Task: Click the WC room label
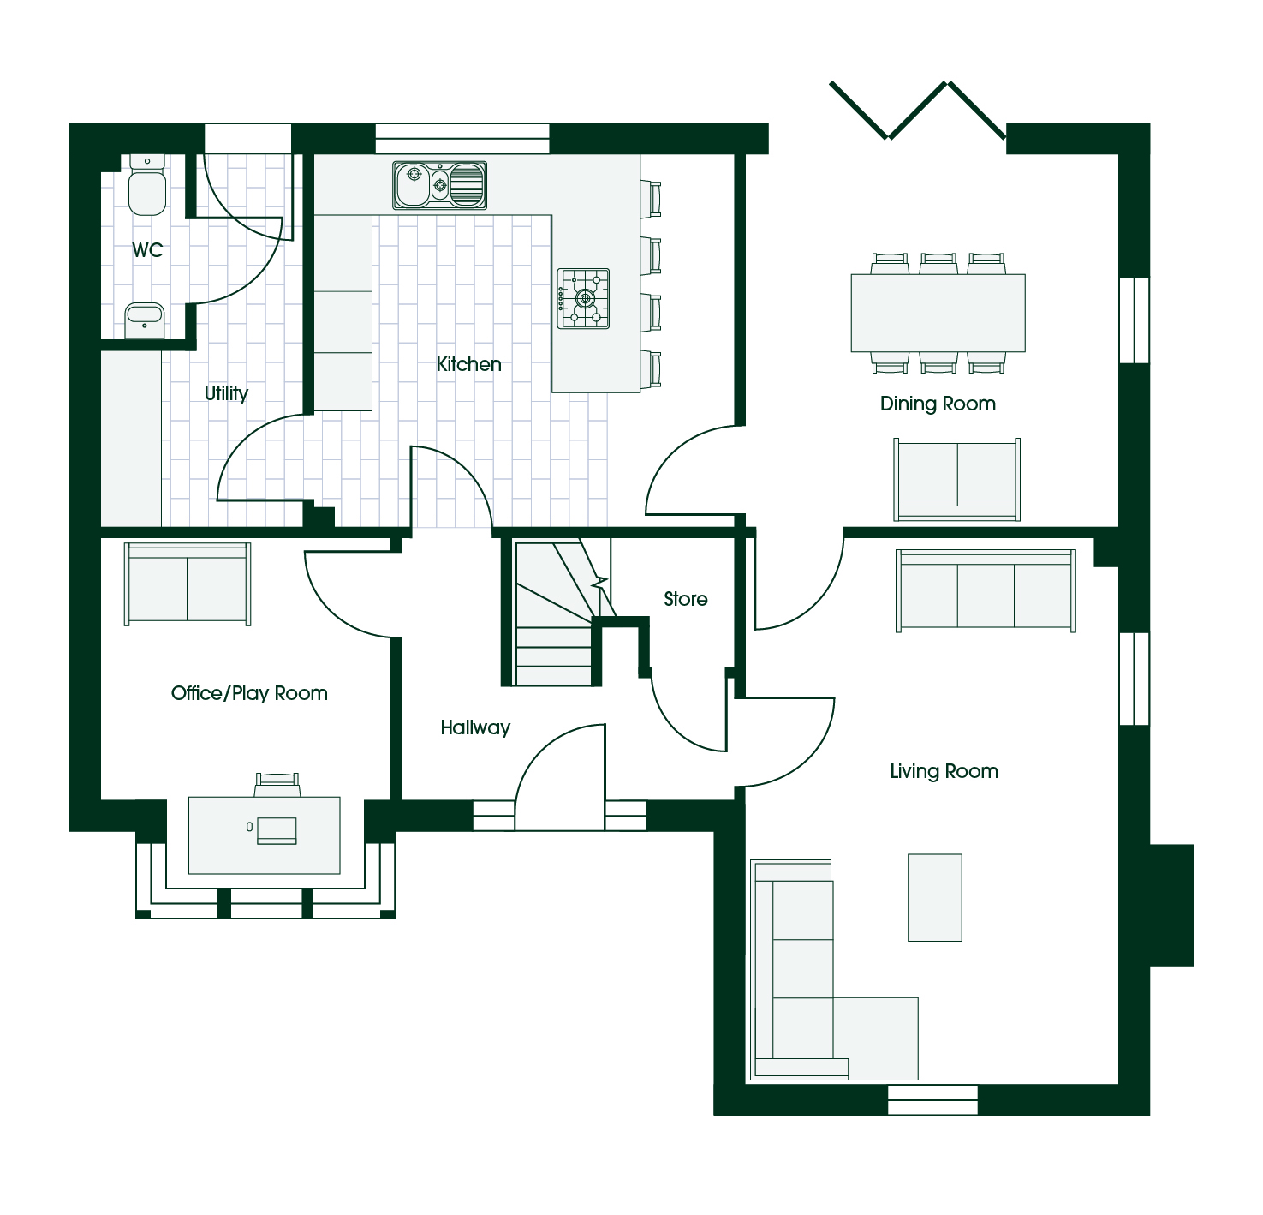point(147,250)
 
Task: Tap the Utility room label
point(227,393)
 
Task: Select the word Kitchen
point(468,364)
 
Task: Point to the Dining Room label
point(938,404)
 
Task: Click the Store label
point(685,599)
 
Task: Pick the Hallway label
point(475,727)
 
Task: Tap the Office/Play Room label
point(249,693)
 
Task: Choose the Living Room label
point(944,771)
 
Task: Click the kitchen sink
point(439,186)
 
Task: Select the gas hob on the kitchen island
point(583,299)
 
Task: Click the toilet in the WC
point(147,184)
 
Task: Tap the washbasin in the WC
point(144,320)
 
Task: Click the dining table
point(938,313)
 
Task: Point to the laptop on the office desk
point(277,830)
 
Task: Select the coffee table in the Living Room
point(934,897)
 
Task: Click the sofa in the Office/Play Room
point(188,584)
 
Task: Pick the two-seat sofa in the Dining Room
point(956,480)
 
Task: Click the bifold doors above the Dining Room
point(918,111)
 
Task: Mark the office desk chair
point(277,785)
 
